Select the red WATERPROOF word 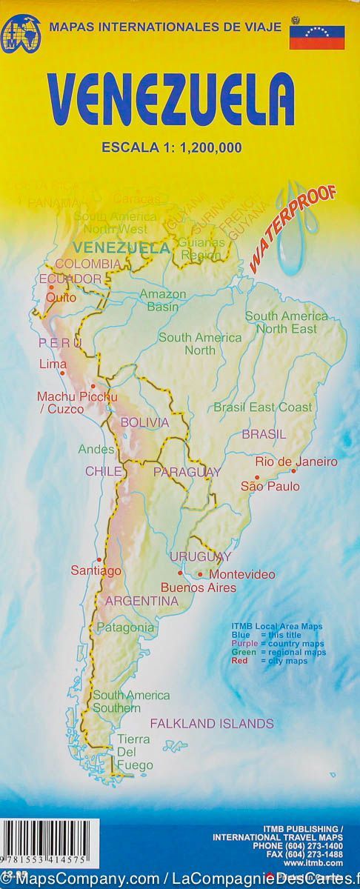point(293,225)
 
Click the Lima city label point(52,363)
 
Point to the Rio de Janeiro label point(296,462)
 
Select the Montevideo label point(242,574)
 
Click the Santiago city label point(96,570)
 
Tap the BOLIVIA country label point(144,422)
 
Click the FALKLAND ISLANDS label point(212,723)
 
